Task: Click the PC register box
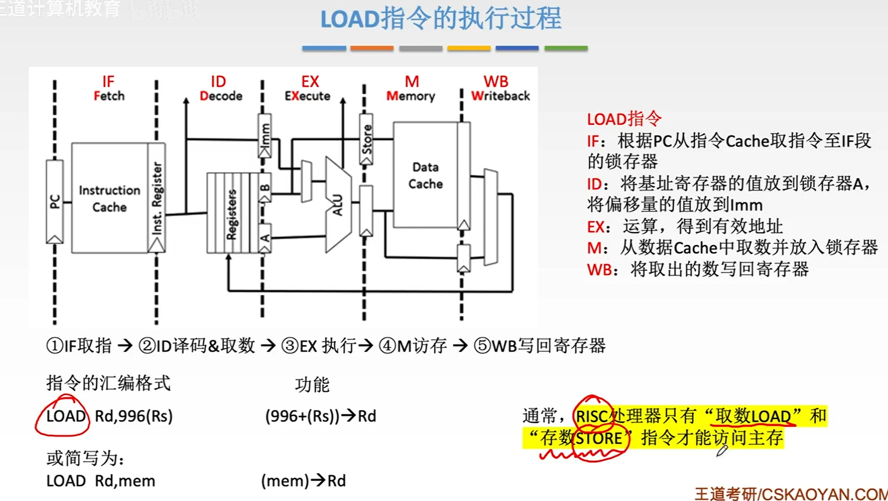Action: click(55, 201)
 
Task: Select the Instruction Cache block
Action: click(109, 198)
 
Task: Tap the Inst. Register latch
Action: click(156, 198)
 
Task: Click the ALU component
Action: click(338, 204)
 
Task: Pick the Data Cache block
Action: click(425, 175)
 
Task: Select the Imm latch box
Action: click(265, 135)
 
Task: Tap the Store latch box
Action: click(366, 139)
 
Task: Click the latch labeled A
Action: click(265, 238)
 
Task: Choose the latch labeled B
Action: click(265, 187)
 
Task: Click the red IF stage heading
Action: click(108, 82)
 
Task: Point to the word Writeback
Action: click(500, 96)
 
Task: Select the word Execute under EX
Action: click(307, 96)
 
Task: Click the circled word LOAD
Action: click(66, 416)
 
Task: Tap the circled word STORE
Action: click(598, 439)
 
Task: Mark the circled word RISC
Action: click(591, 416)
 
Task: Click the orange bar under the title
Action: click(372, 48)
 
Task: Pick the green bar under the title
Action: click(566, 48)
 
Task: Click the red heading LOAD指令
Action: click(624, 119)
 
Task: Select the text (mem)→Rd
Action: click(303, 481)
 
